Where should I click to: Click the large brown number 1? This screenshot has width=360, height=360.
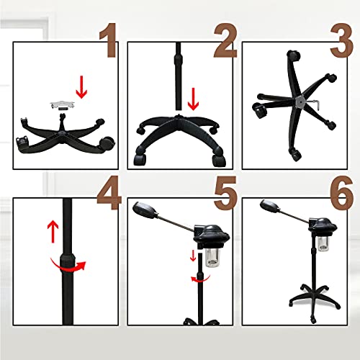click(109, 40)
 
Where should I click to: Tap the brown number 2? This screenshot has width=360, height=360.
click(225, 40)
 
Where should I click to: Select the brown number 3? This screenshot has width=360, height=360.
click(342, 40)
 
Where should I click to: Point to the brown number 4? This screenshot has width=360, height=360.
click(109, 193)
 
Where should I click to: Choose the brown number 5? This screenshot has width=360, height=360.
click(225, 193)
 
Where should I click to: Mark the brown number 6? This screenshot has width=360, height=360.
click(342, 193)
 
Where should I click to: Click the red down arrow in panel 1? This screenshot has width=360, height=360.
click(81, 87)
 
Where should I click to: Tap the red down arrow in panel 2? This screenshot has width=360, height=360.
click(193, 99)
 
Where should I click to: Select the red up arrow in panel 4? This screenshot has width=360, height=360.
click(53, 232)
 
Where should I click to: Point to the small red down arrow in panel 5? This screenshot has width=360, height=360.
click(193, 256)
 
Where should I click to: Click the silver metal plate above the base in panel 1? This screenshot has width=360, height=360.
click(63, 104)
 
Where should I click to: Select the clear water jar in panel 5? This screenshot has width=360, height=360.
click(213, 258)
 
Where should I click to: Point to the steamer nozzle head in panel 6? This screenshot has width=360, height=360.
click(270, 206)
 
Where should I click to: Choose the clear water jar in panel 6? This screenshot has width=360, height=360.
click(323, 243)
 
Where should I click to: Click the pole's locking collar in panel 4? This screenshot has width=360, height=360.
click(68, 261)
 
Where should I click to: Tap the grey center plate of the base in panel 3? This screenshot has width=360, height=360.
click(300, 102)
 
